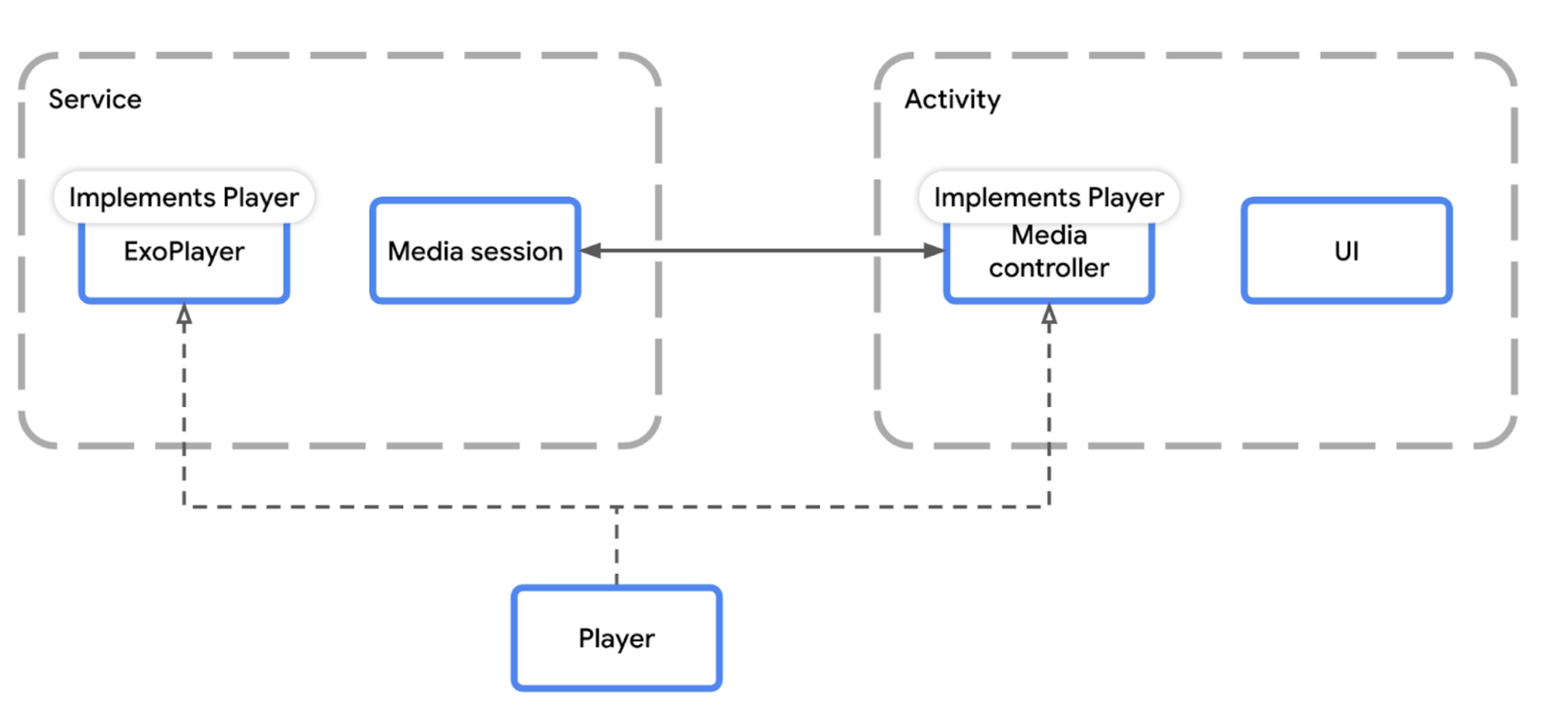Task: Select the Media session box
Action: tap(475, 251)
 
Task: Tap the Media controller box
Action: tap(1048, 260)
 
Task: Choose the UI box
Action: tap(1346, 251)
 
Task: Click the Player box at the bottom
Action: tap(616, 639)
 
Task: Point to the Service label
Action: tap(95, 100)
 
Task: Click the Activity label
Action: tap(952, 100)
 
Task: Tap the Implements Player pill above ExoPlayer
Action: tap(184, 197)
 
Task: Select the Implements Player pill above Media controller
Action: tap(1048, 197)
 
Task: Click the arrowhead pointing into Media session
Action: tap(591, 251)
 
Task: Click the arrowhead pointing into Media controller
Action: tap(934, 251)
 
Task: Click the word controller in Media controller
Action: tap(1048, 269)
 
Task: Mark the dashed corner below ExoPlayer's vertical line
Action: tap(184, 506)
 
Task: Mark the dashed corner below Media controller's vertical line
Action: tap(1049, 506)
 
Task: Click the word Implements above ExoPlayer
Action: tap(142, 197)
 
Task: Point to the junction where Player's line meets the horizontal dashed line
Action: tap(616, 507)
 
